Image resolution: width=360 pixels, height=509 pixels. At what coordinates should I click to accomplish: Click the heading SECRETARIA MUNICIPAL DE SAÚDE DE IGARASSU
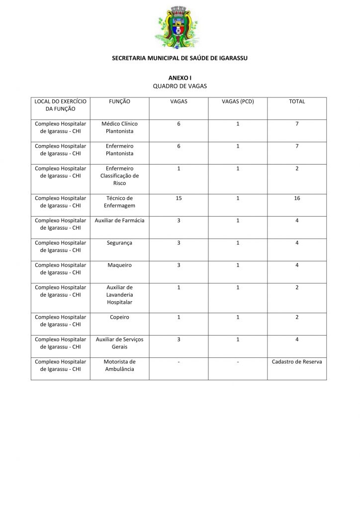[x=180, y=58]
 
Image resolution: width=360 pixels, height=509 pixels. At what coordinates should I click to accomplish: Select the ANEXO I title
[x=180, y=78]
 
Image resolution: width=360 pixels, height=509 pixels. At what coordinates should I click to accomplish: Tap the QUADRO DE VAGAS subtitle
[x=180, y=86]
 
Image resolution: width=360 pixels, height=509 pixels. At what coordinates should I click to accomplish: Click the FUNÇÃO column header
[x=119, y=101]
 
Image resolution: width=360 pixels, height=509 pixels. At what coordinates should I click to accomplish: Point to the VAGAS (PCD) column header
[x=238, y=101]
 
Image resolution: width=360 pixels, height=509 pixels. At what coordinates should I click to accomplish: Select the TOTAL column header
[x=297, y=101]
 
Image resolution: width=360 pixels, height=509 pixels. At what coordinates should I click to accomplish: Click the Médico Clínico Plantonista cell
[x=119, y=128]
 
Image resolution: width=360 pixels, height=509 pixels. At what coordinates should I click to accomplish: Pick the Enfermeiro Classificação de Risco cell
[x=119, y=176]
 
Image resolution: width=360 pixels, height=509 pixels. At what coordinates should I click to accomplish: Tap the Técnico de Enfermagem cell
[x=119, y=202]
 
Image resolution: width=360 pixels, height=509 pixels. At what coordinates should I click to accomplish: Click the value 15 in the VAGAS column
[x=179, y=198]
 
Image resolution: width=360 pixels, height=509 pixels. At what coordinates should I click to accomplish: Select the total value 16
[x=297, y=198]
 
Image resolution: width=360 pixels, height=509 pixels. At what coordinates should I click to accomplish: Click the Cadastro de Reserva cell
[x=297, y=362]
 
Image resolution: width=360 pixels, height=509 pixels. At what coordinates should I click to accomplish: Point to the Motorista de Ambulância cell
[x=119, y=366]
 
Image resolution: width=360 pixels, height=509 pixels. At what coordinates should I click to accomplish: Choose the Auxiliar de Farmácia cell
[x=119, y=220]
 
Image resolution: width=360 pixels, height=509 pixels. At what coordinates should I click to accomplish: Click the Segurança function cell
[x=119, y=243]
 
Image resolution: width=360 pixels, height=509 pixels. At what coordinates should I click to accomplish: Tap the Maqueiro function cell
[x=119, y=265]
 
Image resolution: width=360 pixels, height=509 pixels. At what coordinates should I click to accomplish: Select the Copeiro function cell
[x=119, y=317]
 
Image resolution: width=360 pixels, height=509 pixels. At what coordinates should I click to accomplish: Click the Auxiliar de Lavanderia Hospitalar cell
[x=119, y=295]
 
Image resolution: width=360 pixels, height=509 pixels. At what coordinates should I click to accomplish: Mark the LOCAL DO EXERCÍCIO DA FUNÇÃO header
[x=60, y=105]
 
